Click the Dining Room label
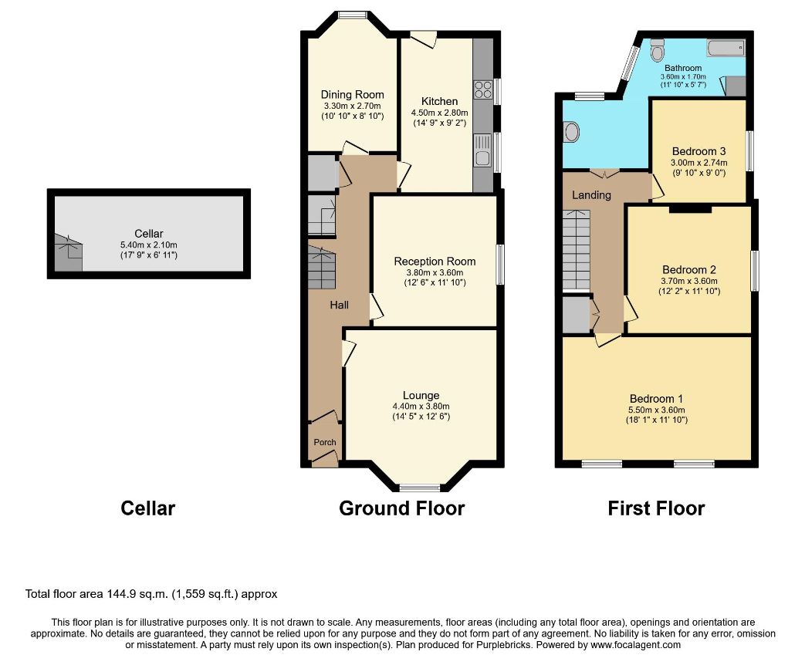pos(352,94)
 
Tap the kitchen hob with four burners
pos(483,89)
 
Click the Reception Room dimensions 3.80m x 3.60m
pos(435,272)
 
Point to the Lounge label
pos(421,395)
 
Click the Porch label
pos(325,442)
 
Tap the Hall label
pos(340,305)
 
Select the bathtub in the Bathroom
pos(726,49)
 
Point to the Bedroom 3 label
pos(698,151)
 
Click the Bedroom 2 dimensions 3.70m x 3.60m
pos(689,281)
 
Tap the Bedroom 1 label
pos(657,399)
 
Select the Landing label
pos(591,195)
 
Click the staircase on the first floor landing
pos(577,251)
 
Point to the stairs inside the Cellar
pos(68,252)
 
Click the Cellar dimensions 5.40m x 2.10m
pos(149,245)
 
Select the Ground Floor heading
pos(402,508)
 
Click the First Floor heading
pos(656,508)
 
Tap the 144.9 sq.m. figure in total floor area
pos(137,594)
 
